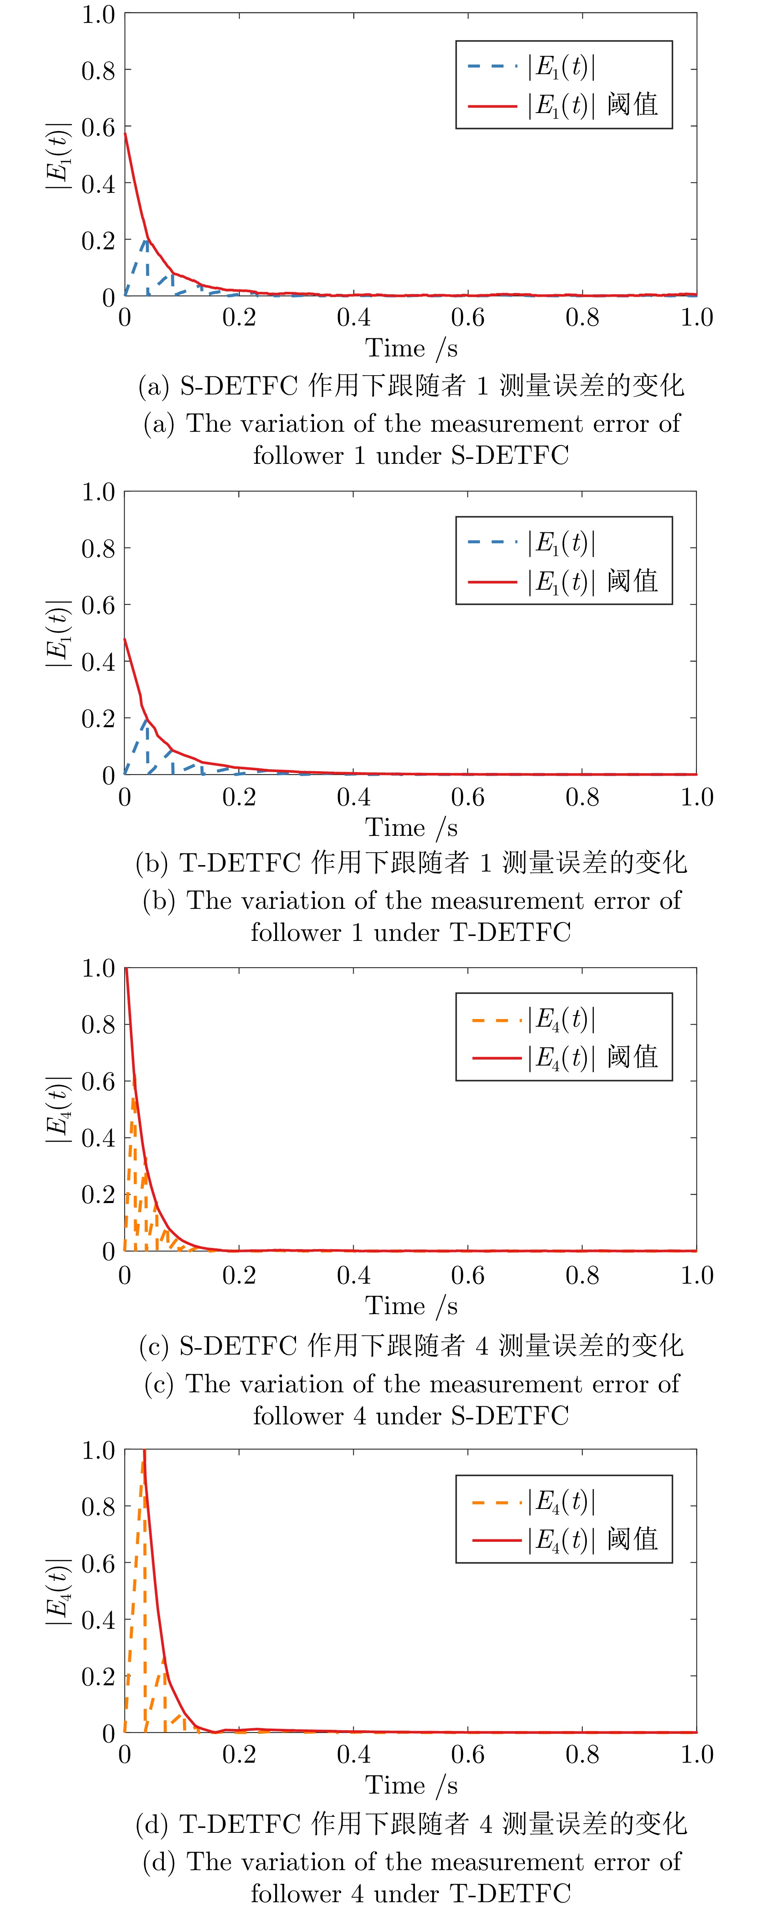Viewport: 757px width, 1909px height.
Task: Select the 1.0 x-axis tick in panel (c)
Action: (696, 1275)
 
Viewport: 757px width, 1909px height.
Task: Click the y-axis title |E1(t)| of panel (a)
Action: (58, 156)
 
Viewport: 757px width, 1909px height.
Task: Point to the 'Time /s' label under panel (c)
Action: (411, 1306)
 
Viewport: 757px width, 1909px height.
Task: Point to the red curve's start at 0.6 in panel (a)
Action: (125, 133)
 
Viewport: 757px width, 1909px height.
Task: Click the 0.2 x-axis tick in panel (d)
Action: (238, 1755)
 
